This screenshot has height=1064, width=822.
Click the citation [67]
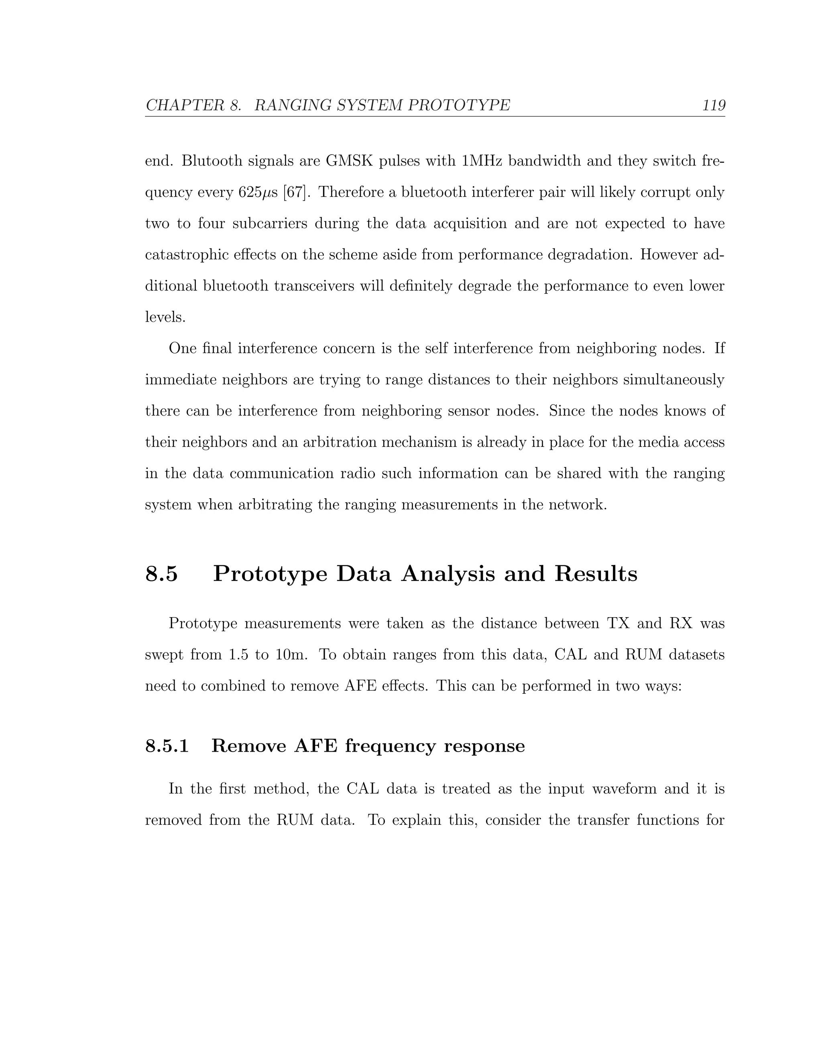pos(297,192)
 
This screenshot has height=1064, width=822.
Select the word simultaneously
pos(674,379)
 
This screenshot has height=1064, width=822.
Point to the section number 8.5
pos(162,573)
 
